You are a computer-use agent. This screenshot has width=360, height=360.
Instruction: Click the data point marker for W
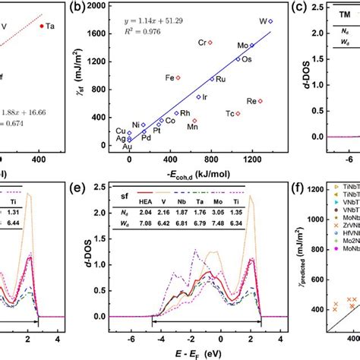[271, 21]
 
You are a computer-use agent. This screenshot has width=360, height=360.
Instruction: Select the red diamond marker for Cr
[210, 43]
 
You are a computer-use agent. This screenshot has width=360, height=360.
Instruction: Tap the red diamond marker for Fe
[178, 77]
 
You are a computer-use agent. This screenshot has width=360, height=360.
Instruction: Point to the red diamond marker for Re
[261, 101]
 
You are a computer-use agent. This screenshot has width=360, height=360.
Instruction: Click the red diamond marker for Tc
[238, 113]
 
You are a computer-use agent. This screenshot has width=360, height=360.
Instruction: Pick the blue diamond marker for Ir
[199, 96]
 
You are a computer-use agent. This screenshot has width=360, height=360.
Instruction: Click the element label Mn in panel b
[192, 128]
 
